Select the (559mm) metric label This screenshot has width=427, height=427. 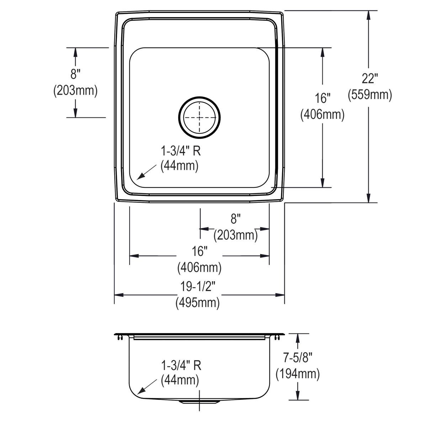point(370,95)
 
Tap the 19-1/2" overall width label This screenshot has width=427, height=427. point(197,286)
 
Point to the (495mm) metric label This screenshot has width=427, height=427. point(197,303)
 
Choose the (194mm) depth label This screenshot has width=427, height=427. point(297,374)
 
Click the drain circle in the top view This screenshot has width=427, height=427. point(199,118)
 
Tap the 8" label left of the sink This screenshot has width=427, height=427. point(75,74)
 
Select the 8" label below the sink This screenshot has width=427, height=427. point(236,219)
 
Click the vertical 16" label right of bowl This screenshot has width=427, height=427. point(322,98)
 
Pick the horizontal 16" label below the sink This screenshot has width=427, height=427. point(199,252)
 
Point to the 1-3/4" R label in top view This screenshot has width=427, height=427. point(181,151)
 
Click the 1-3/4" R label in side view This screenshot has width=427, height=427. point(181,366)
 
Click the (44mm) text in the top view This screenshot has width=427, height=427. point(179,166)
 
